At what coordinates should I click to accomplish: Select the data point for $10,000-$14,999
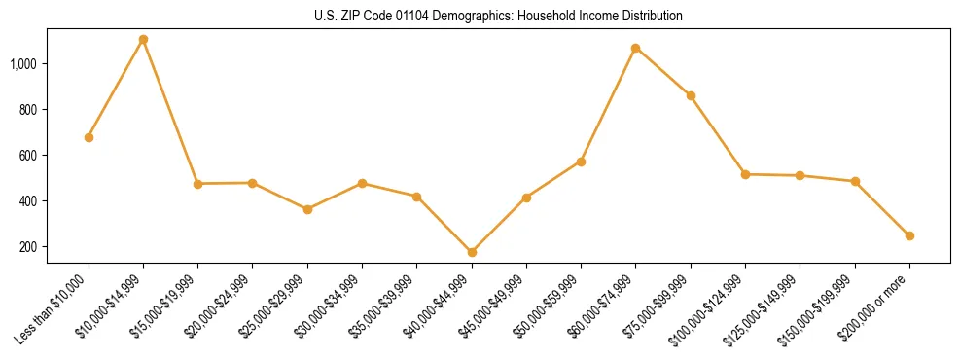click(143, 40)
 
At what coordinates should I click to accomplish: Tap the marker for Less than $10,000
click(89, 137)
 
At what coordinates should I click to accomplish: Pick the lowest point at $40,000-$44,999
click(472, 252)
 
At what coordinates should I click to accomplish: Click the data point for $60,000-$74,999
click(636, 48)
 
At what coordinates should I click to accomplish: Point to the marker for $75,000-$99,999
click(691, 95)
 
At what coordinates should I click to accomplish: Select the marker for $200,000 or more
click(909, 235)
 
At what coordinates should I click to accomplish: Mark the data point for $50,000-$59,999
click(581, 162)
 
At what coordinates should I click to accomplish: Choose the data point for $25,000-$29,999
click(307, 209)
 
